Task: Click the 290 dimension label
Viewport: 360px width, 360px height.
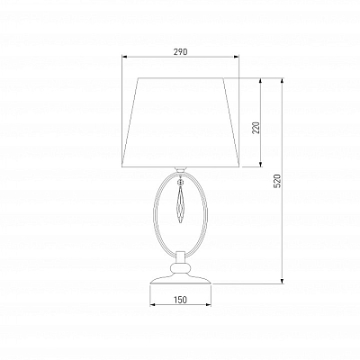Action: pyautogui.click(x=180, y=52)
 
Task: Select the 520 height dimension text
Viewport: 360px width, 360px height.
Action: pyautogui.click(x=277, y=181)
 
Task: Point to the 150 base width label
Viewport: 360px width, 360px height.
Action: pyautogui.click(x=180, y=300)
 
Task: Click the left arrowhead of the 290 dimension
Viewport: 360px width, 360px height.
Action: pyautogui.click(x=124, y=56)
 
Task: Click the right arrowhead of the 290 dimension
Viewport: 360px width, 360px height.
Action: pyautogui.click(x=237, y=56)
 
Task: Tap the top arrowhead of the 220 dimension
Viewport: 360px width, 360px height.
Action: pyautogui.click(x=260, y=81)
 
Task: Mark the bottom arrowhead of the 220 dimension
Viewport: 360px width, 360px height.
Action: pyautogui.click(x=260, y=164)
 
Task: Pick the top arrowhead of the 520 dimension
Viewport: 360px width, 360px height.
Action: pyautogui.click(x=282, y=81)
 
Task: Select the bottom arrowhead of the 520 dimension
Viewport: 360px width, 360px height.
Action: pyautogui.click(x=282, y=281)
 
